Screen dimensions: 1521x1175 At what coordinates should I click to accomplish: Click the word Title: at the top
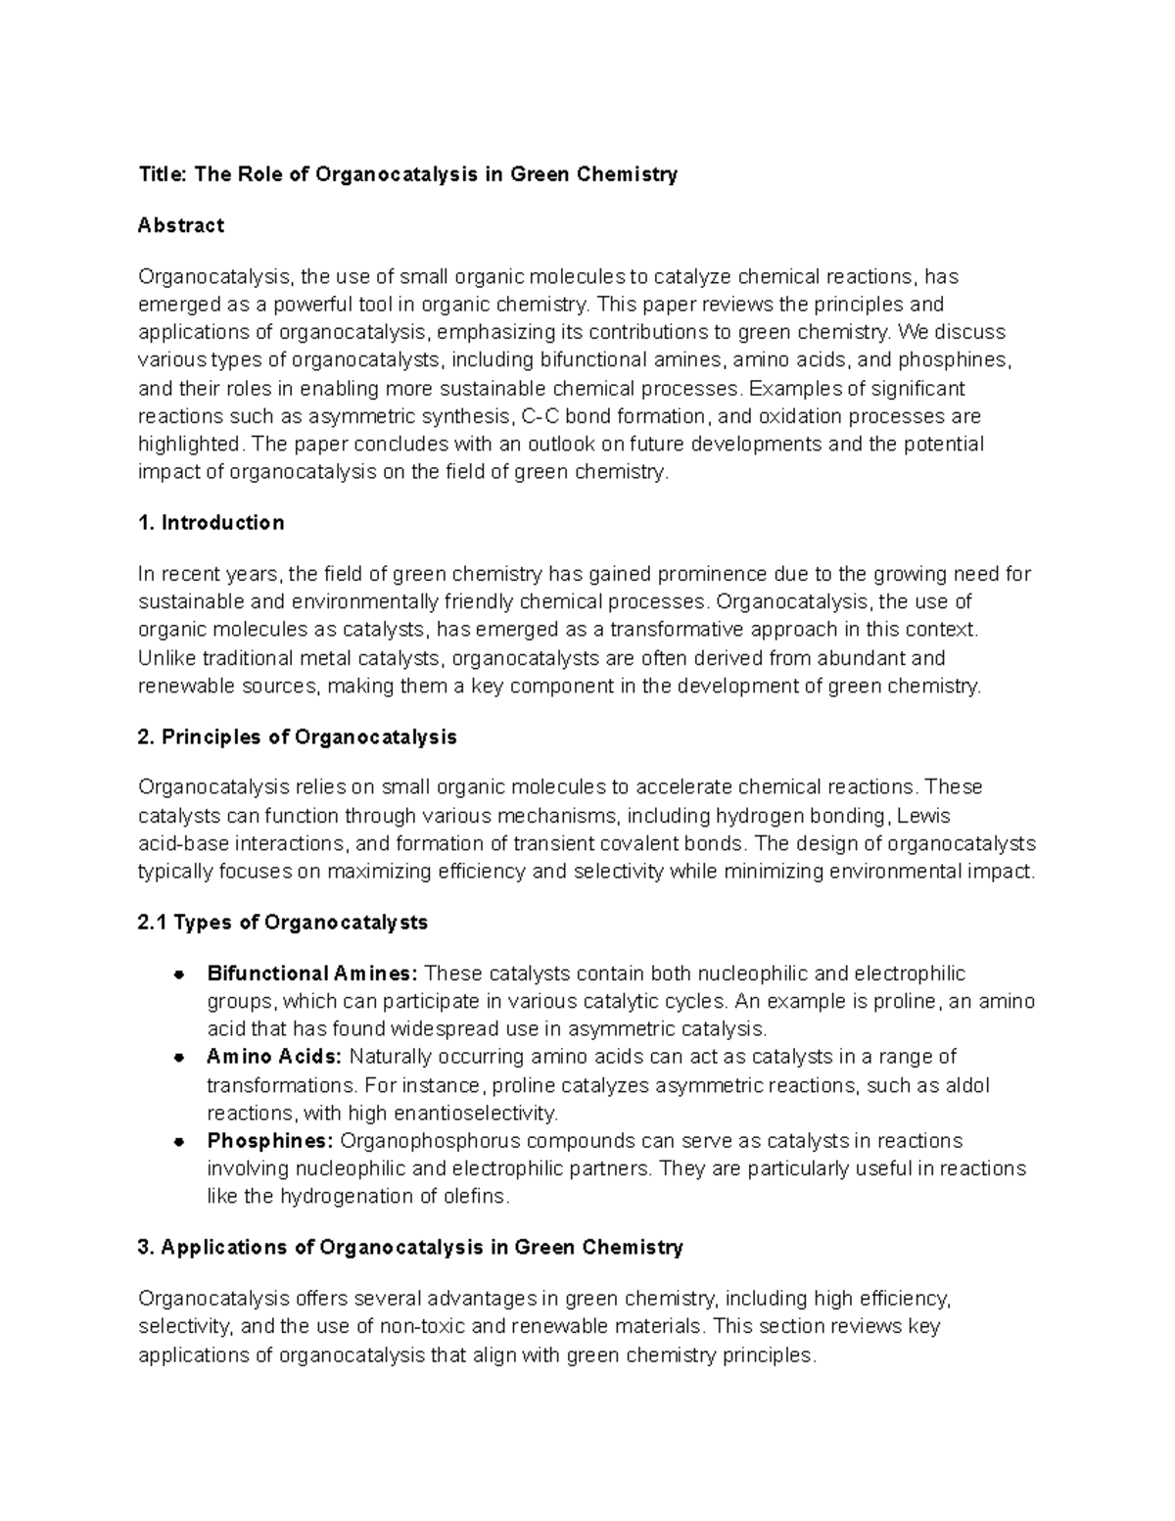163,174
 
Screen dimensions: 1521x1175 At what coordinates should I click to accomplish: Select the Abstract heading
181,225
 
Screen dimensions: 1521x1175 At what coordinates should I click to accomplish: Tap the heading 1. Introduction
211,523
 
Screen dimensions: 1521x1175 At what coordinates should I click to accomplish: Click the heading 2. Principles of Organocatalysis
298,737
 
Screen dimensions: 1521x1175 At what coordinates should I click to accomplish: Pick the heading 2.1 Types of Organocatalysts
283,923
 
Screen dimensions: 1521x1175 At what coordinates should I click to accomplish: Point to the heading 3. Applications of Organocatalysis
410,1248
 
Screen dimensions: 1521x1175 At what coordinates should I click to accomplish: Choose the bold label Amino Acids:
274,1057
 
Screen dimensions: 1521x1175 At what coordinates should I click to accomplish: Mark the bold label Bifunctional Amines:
312,974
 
